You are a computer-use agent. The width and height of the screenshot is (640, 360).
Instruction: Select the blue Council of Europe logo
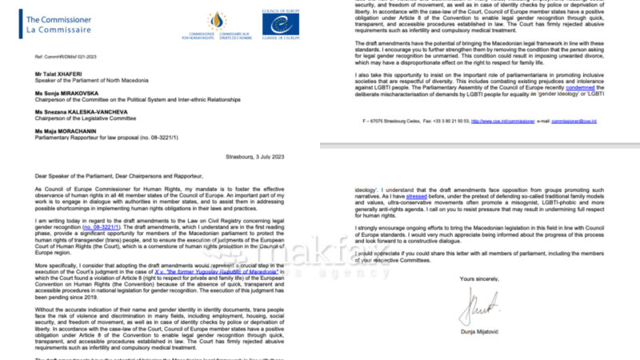coord(280,22)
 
